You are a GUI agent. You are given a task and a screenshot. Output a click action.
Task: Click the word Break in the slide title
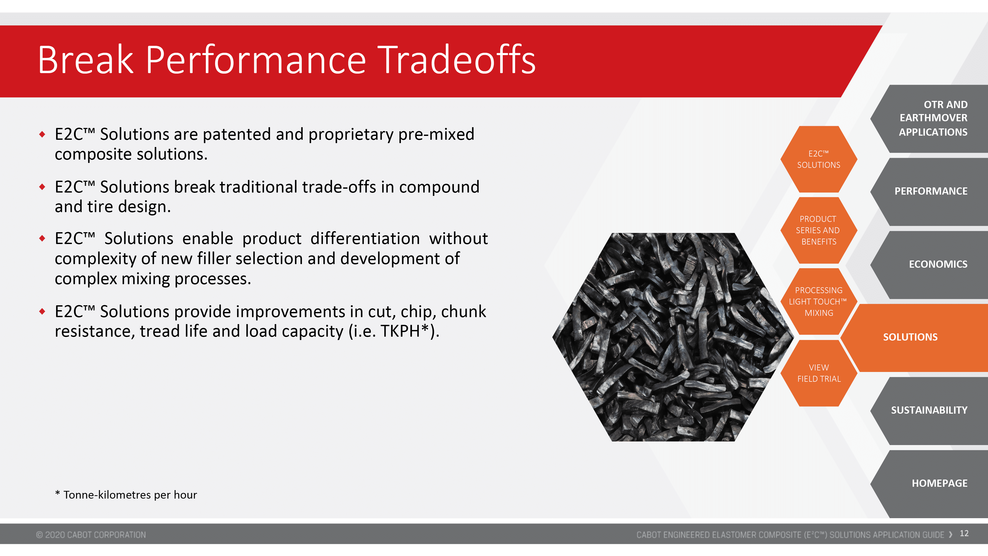coord(85,60)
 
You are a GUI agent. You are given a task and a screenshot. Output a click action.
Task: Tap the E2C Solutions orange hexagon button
coord(819,159)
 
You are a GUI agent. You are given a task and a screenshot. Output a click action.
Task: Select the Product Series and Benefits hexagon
coord(819,230)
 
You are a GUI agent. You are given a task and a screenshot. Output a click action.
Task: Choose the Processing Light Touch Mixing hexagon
coord(819,302)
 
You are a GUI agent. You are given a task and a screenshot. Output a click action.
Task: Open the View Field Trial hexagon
coord(819,373)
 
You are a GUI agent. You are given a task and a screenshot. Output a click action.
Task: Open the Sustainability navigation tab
coord(929,411)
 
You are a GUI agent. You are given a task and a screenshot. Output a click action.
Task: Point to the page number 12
coord(964,534)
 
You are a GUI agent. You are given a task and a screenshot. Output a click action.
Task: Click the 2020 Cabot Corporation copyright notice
coord(91,535)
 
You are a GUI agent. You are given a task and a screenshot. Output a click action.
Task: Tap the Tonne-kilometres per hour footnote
coord(126,495)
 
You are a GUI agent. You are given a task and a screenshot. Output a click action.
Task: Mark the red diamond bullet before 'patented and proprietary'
coord(42,134)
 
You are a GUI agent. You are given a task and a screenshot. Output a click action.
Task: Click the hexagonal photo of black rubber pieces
coord(673,337)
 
